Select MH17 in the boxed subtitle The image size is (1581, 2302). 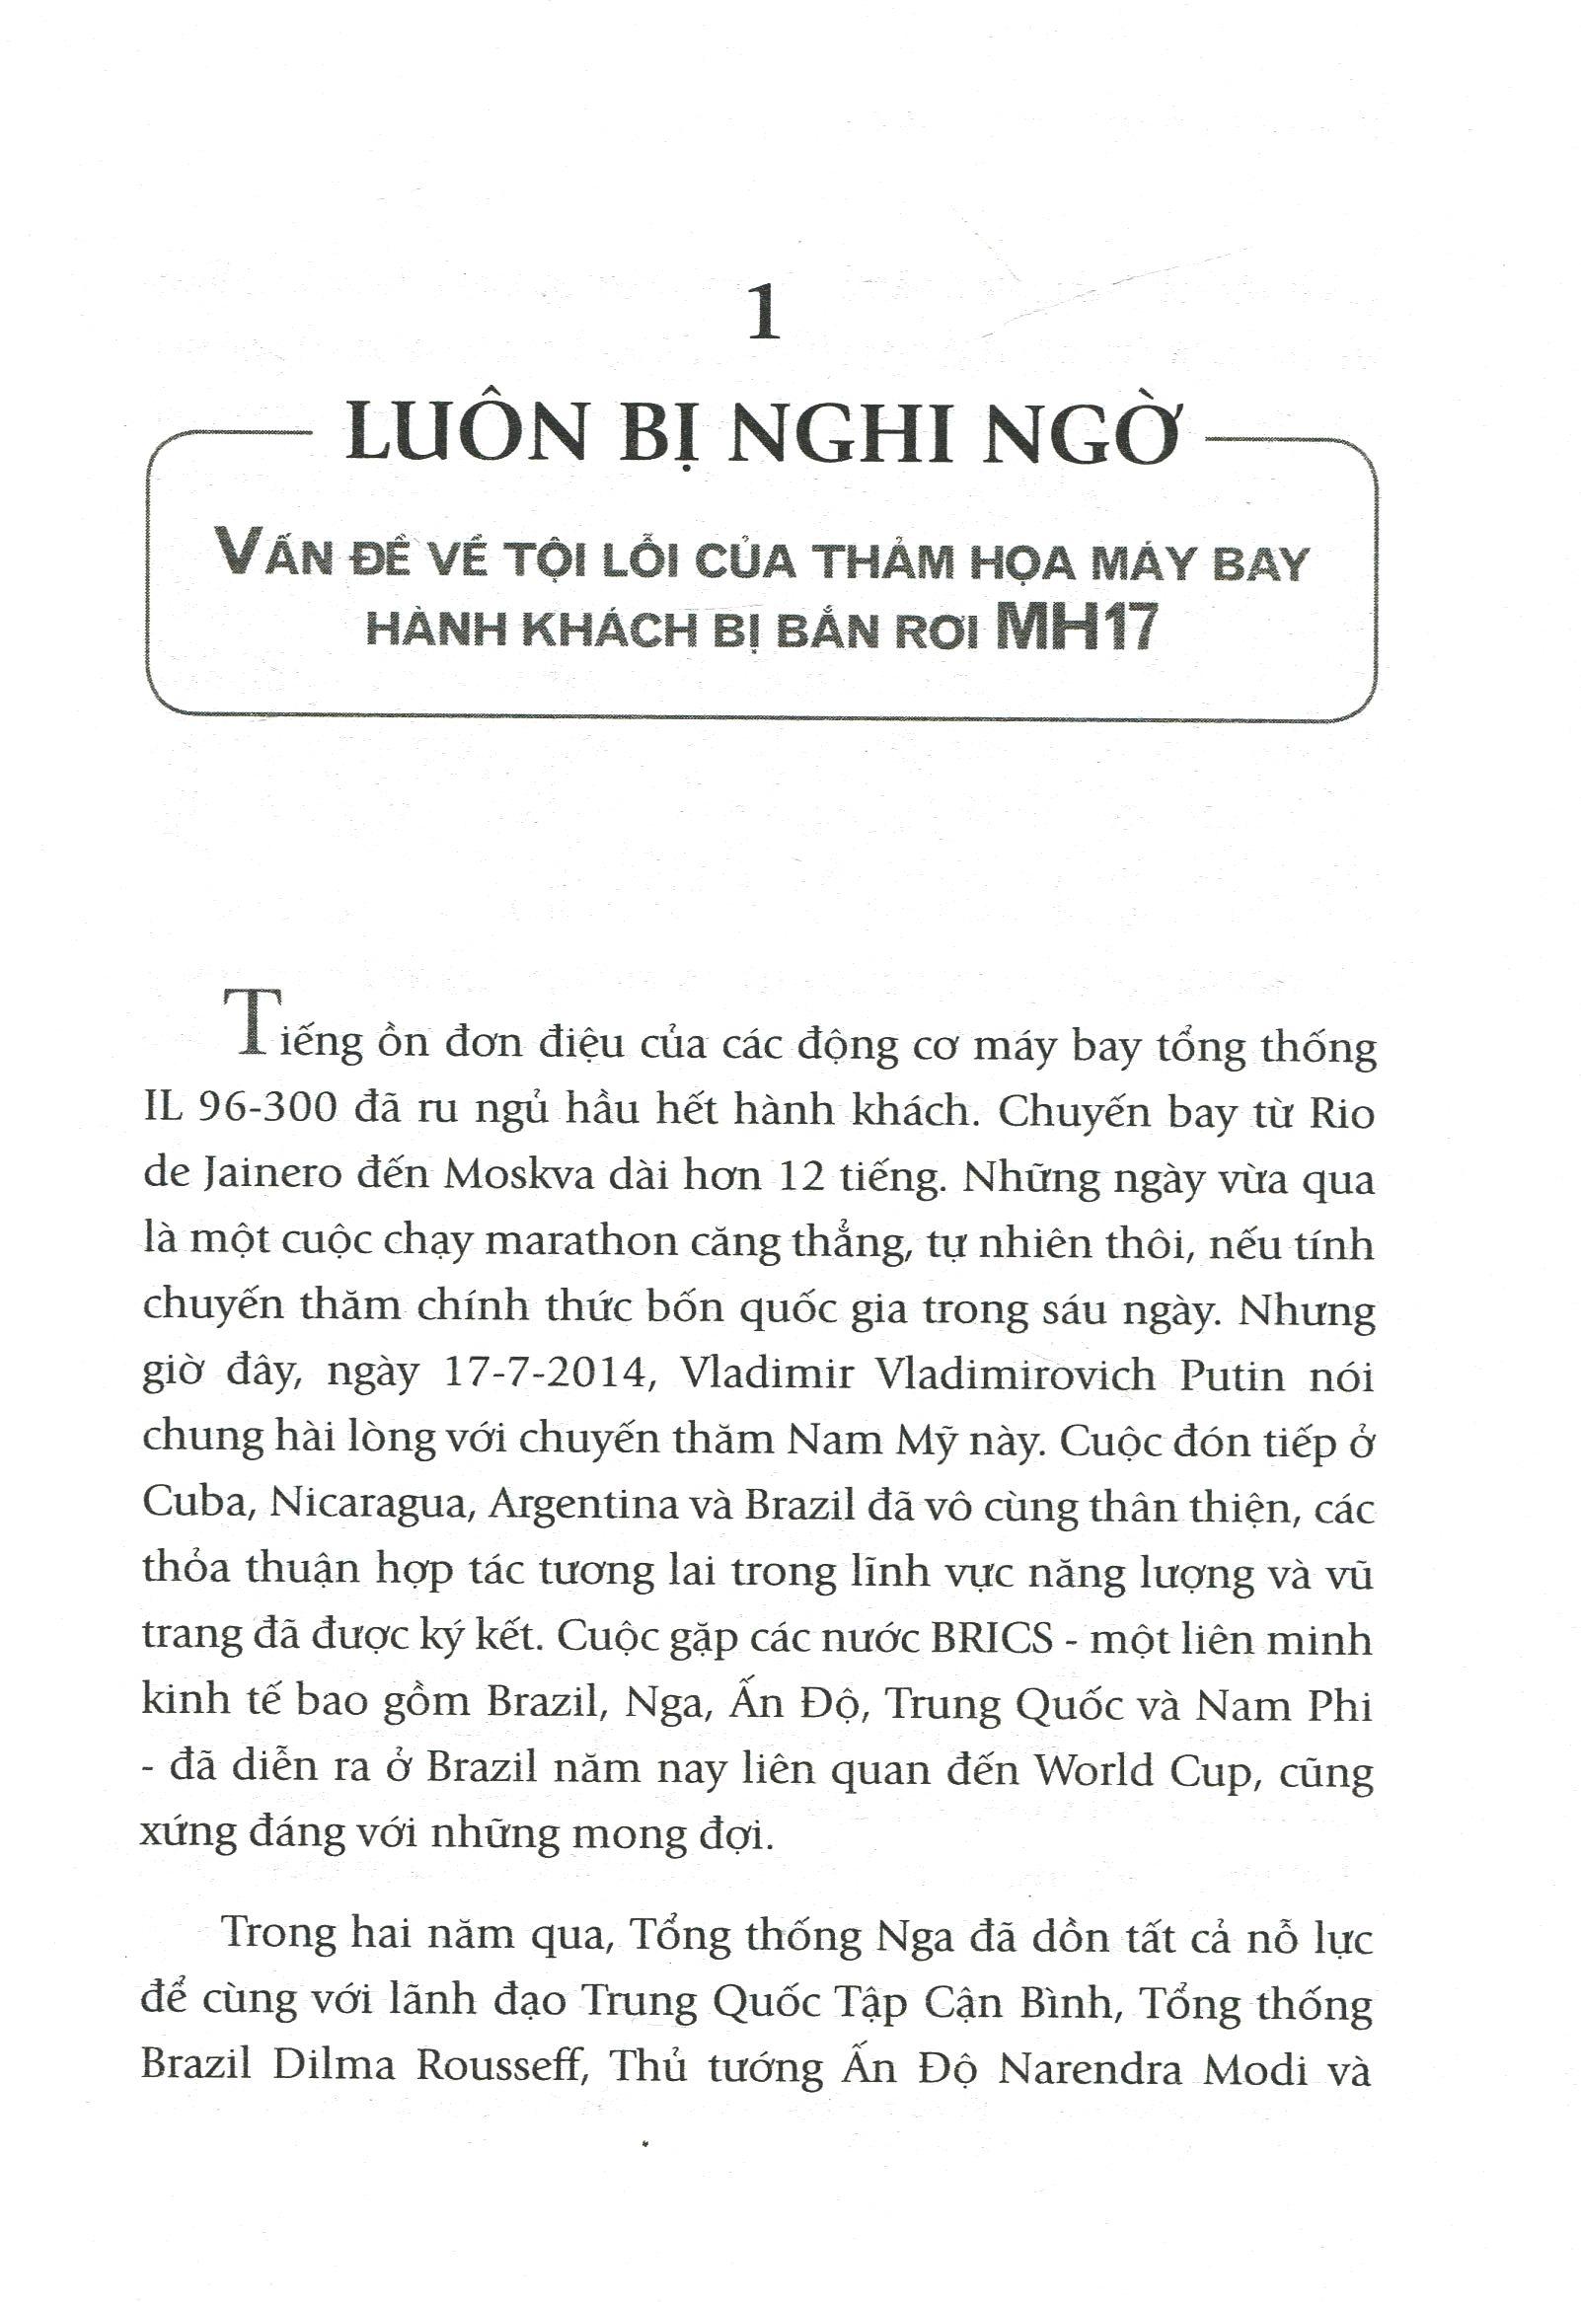1079,628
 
